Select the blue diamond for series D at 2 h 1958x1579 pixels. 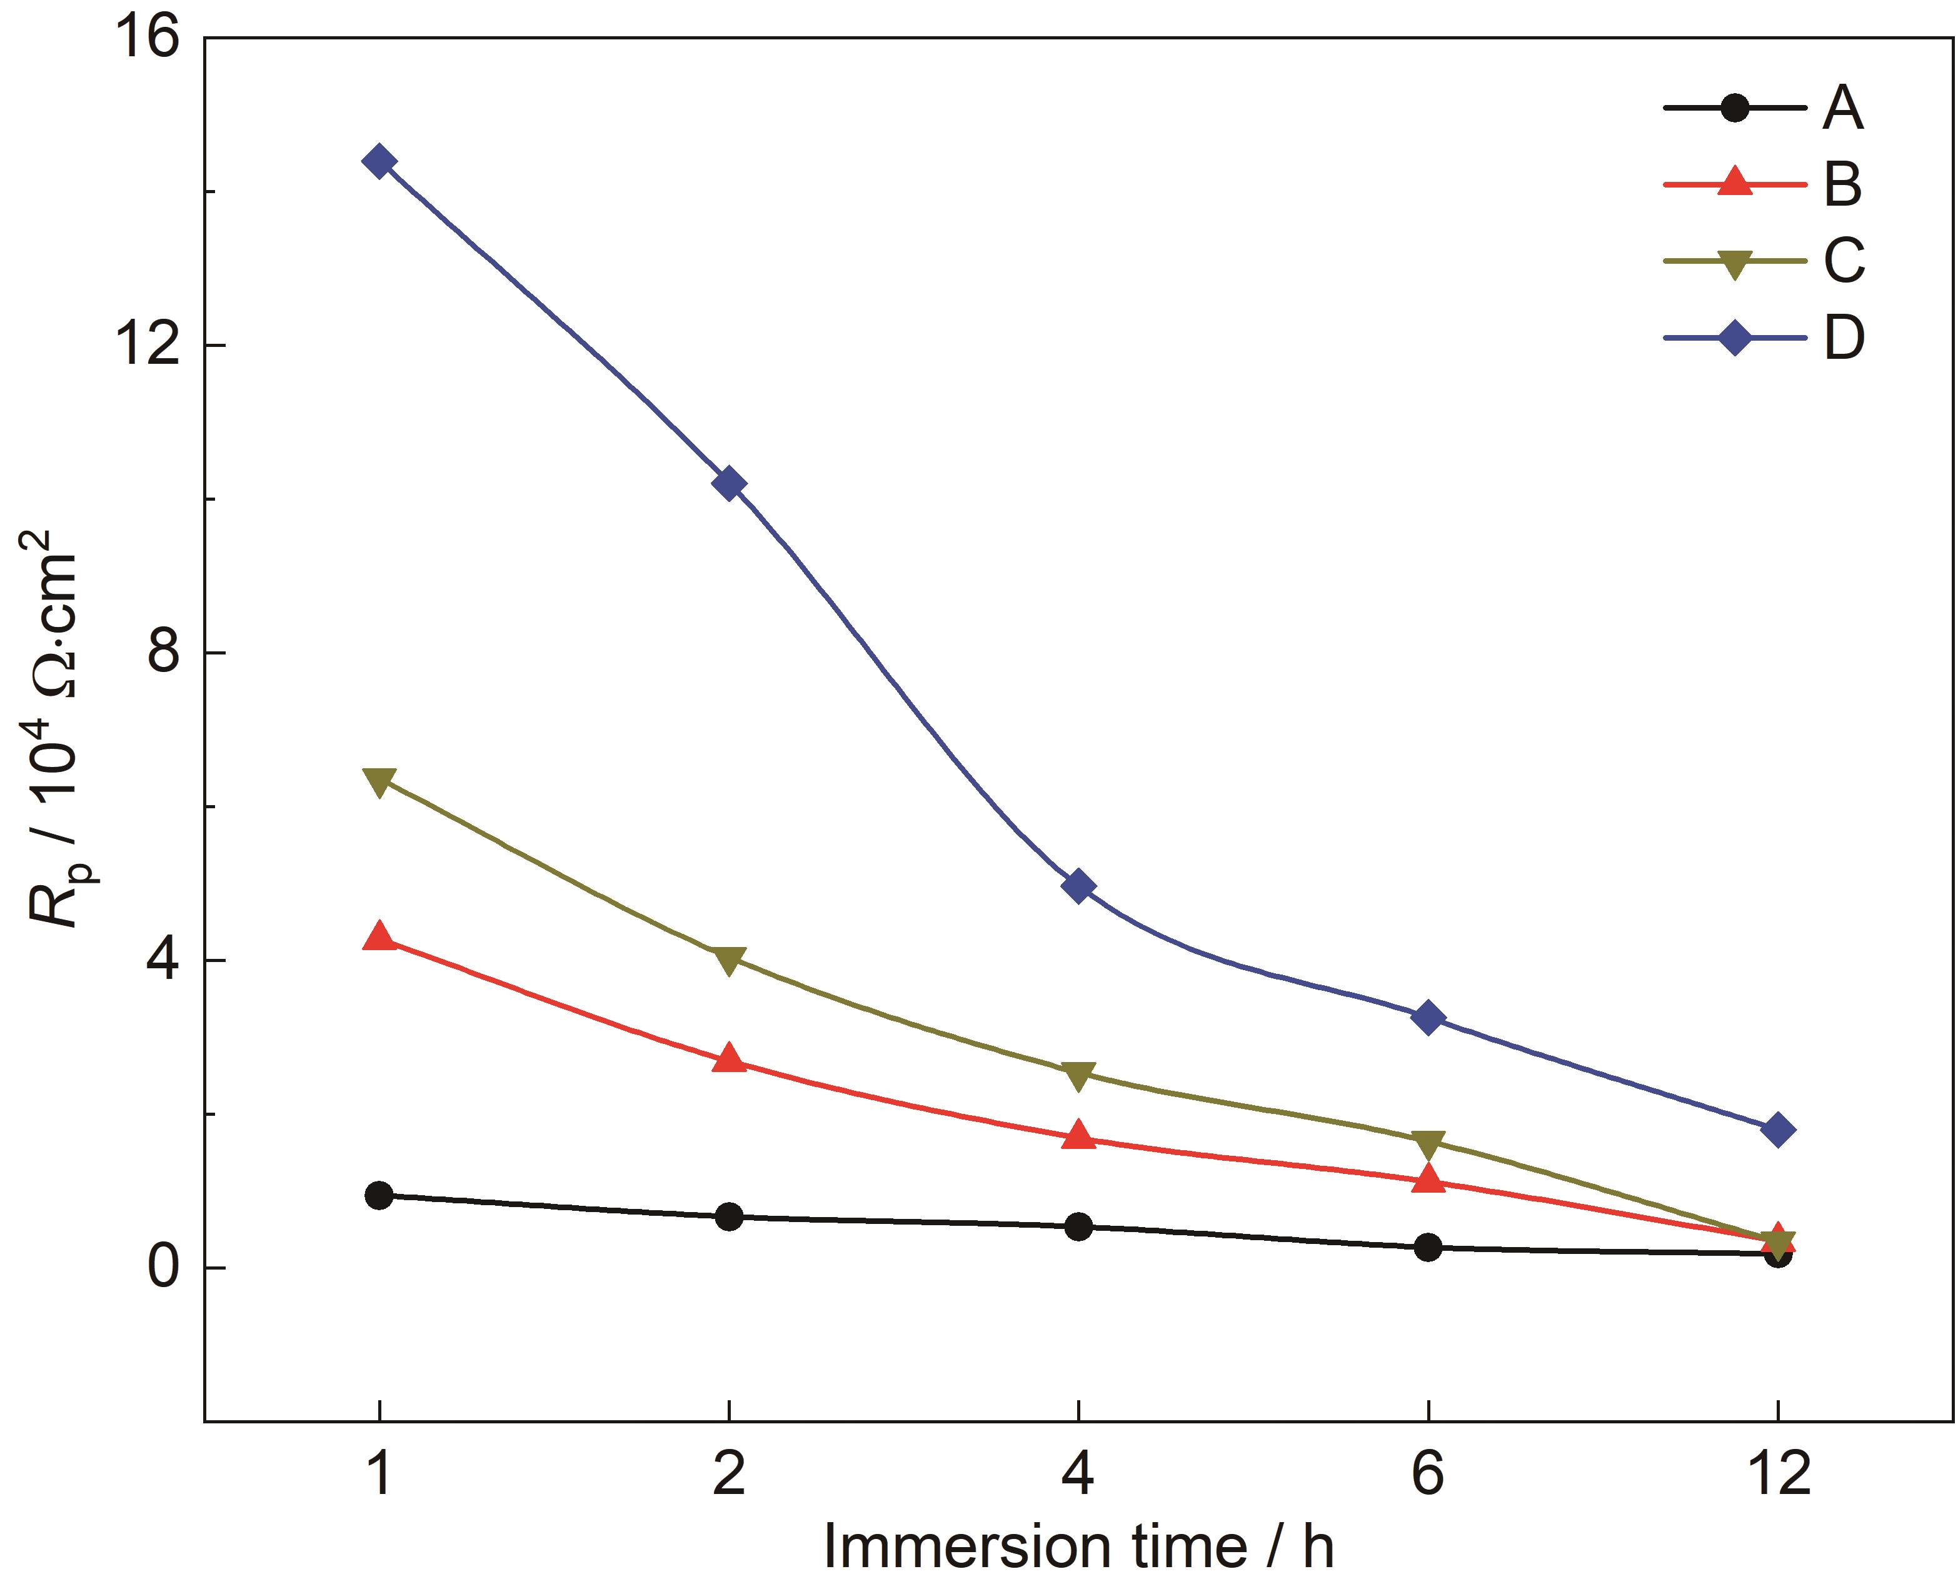coord(728,483)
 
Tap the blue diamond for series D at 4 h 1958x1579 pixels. coord(1078,886)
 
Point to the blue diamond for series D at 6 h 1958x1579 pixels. coord(1428,1017)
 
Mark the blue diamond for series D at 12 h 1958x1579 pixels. coord(1778,1131)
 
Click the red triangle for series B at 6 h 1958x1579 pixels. coord(1428,1180)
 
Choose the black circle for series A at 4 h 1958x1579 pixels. coord(1078,1226)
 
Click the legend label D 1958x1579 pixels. coord(1844,338)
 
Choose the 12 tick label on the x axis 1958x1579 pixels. coord(1778,1471)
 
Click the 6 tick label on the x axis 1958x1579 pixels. coord(1428,1471)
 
